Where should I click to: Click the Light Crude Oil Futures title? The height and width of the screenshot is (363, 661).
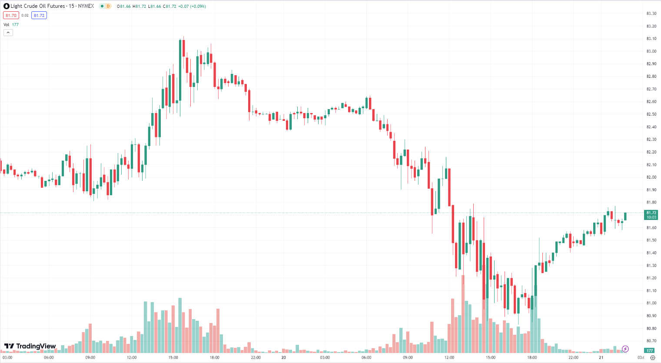click(37, 6)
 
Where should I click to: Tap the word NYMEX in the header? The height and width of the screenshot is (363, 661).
click(86, 6)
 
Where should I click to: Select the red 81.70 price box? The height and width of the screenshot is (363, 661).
click(11, 15)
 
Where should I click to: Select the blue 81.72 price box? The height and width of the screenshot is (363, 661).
click(39, 15)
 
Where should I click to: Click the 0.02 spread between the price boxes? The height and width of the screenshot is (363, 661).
click(25, 15)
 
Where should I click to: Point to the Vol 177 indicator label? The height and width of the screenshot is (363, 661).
click(11, 25)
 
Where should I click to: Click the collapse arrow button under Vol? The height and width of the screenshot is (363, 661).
click(8, 33)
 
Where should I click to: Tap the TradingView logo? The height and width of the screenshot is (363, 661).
click(30, 346)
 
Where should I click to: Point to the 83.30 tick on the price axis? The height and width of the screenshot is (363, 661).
click(651, 13)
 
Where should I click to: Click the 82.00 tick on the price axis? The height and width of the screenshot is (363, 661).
click(651, 177)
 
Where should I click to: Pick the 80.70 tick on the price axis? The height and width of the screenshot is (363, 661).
click(651, 341)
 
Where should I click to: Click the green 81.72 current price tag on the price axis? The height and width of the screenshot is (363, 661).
click(651, 215)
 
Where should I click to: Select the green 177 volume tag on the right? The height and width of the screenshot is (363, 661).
click(650, 350)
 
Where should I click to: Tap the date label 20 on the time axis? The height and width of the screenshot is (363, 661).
click(283, 357)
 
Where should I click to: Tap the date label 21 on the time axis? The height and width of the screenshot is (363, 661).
click(601, 357)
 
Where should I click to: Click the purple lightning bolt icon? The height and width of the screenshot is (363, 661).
click(625, 349)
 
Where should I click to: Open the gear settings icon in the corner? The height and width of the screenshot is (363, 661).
click(652, 357)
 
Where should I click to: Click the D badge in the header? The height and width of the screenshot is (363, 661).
click(108, 6)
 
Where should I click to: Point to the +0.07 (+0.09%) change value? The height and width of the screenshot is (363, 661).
click(192, 6)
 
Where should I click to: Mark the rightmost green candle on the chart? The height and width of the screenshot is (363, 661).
click(625, 216)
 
